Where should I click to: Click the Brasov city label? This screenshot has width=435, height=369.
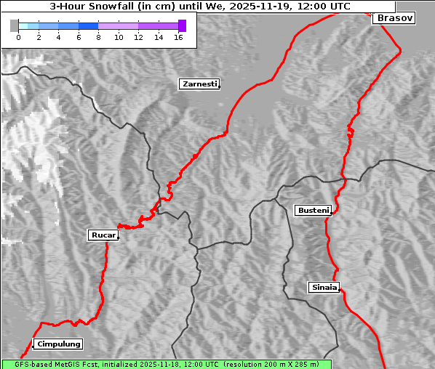click(395, 18)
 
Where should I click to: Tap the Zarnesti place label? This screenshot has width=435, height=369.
click(199, 84)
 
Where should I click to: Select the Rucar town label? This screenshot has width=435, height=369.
click(102, 235)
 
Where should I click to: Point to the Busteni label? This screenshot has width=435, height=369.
click(312, 211)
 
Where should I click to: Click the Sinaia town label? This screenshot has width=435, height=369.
click(324, 287)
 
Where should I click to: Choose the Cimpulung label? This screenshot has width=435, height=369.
click(58, 344)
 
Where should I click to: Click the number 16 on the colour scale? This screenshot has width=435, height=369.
click(177, 37)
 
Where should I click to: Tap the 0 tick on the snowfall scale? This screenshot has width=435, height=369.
click(18, 37)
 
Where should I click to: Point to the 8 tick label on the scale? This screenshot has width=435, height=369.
click(98, 37)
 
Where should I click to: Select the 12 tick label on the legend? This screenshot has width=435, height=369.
click(138, 37)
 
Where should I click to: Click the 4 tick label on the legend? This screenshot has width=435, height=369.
click(58, 37)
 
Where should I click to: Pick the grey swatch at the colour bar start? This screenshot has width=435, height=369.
click(15, 25)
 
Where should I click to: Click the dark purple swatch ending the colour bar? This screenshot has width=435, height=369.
click(182, 25)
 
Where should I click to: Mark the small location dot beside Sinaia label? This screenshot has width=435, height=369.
click(340, 290)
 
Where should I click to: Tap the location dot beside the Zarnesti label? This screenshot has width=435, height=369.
click(219, 87)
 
